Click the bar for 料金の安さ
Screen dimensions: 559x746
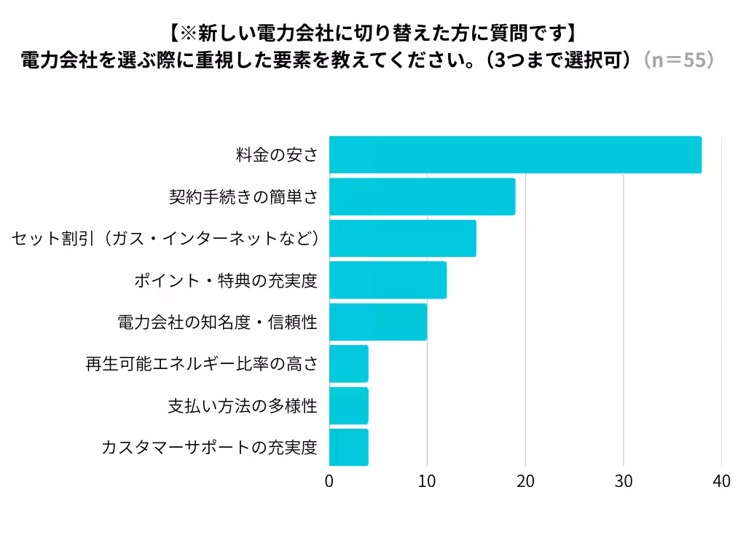(515, 155)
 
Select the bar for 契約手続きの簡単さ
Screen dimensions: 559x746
(422, 197)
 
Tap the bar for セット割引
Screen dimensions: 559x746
(402, 239)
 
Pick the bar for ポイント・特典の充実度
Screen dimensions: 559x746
(388, 280)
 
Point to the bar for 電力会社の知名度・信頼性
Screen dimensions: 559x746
(378, 322)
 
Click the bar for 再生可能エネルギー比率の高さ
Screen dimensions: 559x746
(349, 364)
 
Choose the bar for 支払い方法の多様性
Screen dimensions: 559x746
(349, 405)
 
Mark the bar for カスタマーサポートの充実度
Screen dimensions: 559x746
(349, 447)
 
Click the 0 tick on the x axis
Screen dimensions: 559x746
(329, 481)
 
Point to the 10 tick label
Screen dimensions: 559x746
(427, 481)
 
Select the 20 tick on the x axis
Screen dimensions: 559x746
(525, 481)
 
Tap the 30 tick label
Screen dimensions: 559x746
(624, 481)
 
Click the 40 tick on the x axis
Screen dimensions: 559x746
(721, 481)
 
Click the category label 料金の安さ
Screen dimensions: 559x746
(277, 155)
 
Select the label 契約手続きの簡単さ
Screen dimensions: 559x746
(243, 197)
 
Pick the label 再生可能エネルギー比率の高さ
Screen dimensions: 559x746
(202, 364)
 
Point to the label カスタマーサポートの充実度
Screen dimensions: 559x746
(210, 448)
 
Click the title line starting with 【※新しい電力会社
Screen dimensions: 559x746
(373, 33)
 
